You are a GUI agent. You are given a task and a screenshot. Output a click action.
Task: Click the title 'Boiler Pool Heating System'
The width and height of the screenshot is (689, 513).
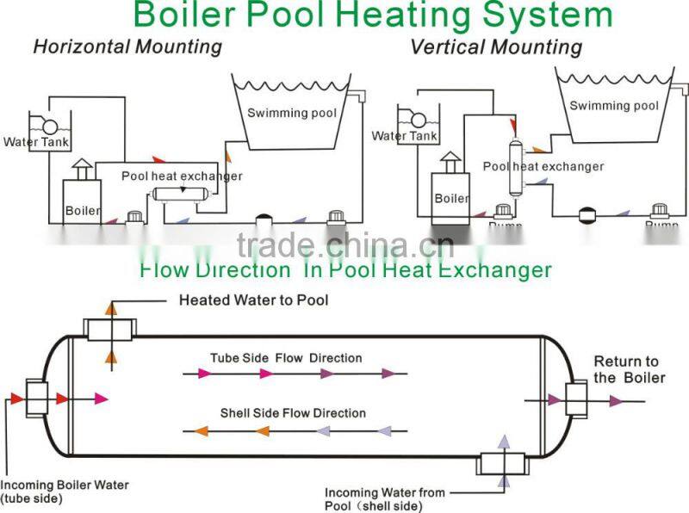coord(373,15)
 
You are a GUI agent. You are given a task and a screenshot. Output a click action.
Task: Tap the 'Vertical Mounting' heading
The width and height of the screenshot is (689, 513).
coord(495,46)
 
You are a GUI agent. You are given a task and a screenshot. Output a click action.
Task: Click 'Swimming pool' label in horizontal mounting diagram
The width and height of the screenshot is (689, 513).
coord(292,113)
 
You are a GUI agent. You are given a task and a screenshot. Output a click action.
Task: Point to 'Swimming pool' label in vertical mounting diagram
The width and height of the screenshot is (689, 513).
coord(614,106)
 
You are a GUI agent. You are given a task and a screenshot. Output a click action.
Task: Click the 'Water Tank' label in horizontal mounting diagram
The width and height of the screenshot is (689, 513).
coord(36,142)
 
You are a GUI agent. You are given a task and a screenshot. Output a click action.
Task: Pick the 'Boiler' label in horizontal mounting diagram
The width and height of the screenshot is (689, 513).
coord(83,210)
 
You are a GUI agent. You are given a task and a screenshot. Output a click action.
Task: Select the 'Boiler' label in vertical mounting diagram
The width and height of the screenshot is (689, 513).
coord(452,199)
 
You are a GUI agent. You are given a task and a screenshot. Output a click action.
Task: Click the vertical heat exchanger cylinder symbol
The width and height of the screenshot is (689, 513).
coord(518,167)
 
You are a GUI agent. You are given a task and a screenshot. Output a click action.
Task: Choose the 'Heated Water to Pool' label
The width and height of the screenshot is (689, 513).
coord(253,300)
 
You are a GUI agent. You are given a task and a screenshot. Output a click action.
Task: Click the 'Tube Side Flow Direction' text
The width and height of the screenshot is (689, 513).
coord(286,357)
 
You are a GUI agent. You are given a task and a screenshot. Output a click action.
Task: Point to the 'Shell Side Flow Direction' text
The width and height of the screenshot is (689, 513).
coord(293,413)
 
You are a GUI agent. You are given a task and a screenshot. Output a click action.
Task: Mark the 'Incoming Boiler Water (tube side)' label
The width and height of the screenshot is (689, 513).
coord(65,491)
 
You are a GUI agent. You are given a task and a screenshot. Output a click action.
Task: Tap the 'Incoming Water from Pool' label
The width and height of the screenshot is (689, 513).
coord(384,498)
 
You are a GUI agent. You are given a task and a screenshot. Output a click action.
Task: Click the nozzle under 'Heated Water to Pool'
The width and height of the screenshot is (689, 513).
coord(111,328)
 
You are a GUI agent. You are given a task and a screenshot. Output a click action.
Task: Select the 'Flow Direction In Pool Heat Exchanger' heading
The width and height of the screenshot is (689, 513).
coord(344,270)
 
